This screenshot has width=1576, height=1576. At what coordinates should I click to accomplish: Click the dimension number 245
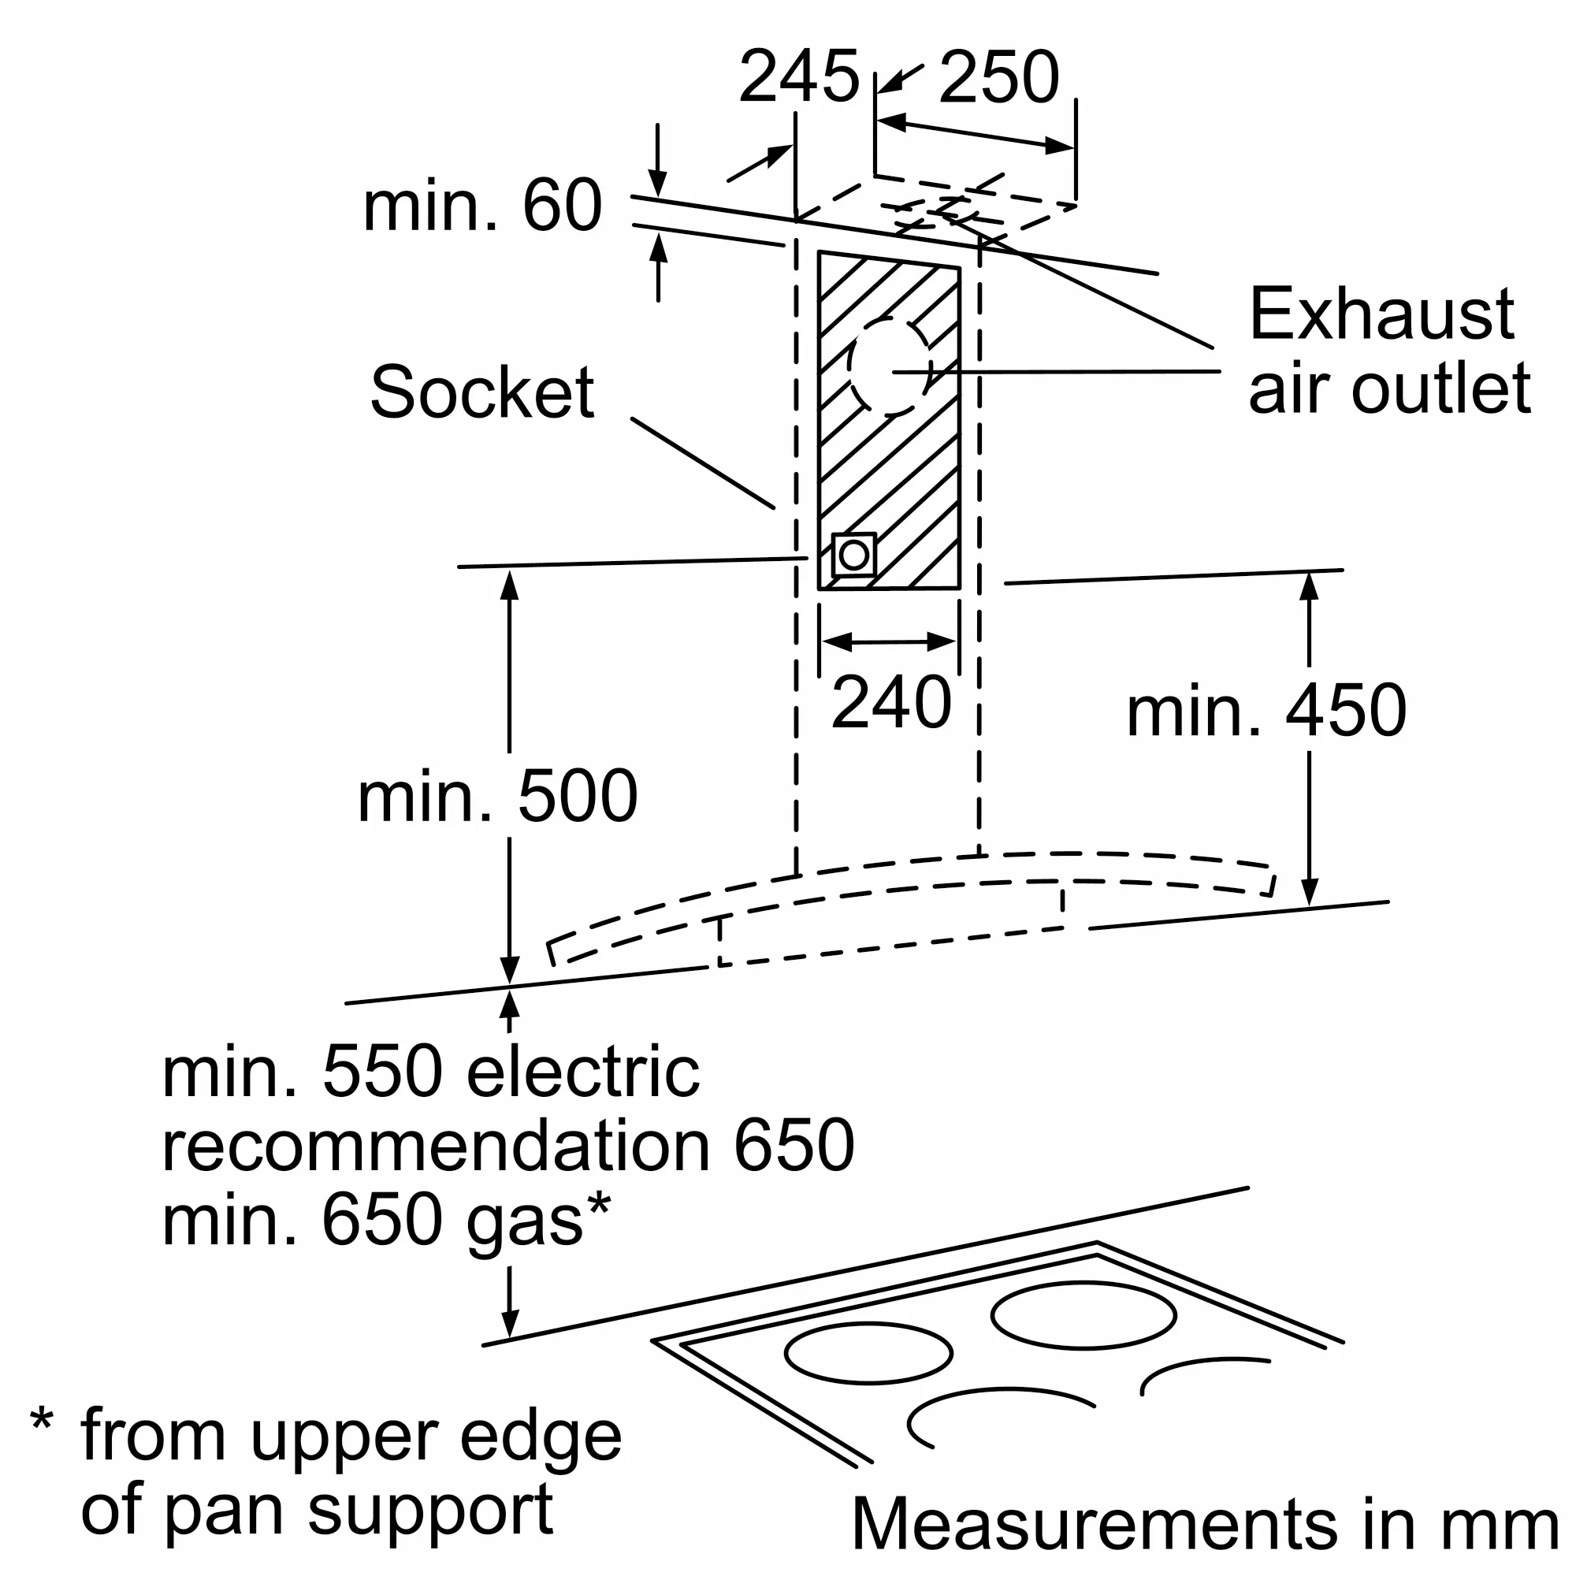click(798, 76)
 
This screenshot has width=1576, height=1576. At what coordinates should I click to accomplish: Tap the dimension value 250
click(998, 77)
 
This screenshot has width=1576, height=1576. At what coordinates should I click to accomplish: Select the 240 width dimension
click(891, 702)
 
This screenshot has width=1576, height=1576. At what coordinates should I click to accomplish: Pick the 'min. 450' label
click(1267, 711)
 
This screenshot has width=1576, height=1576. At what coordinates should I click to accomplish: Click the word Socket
click(482, 392)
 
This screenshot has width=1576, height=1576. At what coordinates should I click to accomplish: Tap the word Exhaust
click(1382, 314)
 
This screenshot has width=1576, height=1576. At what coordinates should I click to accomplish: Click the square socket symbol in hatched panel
click(853, 556)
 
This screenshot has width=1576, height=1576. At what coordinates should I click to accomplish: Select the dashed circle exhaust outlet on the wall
click(889, 366)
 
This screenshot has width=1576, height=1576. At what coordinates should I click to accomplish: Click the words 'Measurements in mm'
click(1206, 1524)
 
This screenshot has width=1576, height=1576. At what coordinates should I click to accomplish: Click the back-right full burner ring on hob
click(1083, 1315)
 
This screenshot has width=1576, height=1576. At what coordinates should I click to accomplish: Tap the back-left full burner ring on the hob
click(868, 1353)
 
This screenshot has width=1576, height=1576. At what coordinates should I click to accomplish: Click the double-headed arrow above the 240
click(889, 642)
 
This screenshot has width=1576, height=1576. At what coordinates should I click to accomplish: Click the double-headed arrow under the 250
click(976, 135)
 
